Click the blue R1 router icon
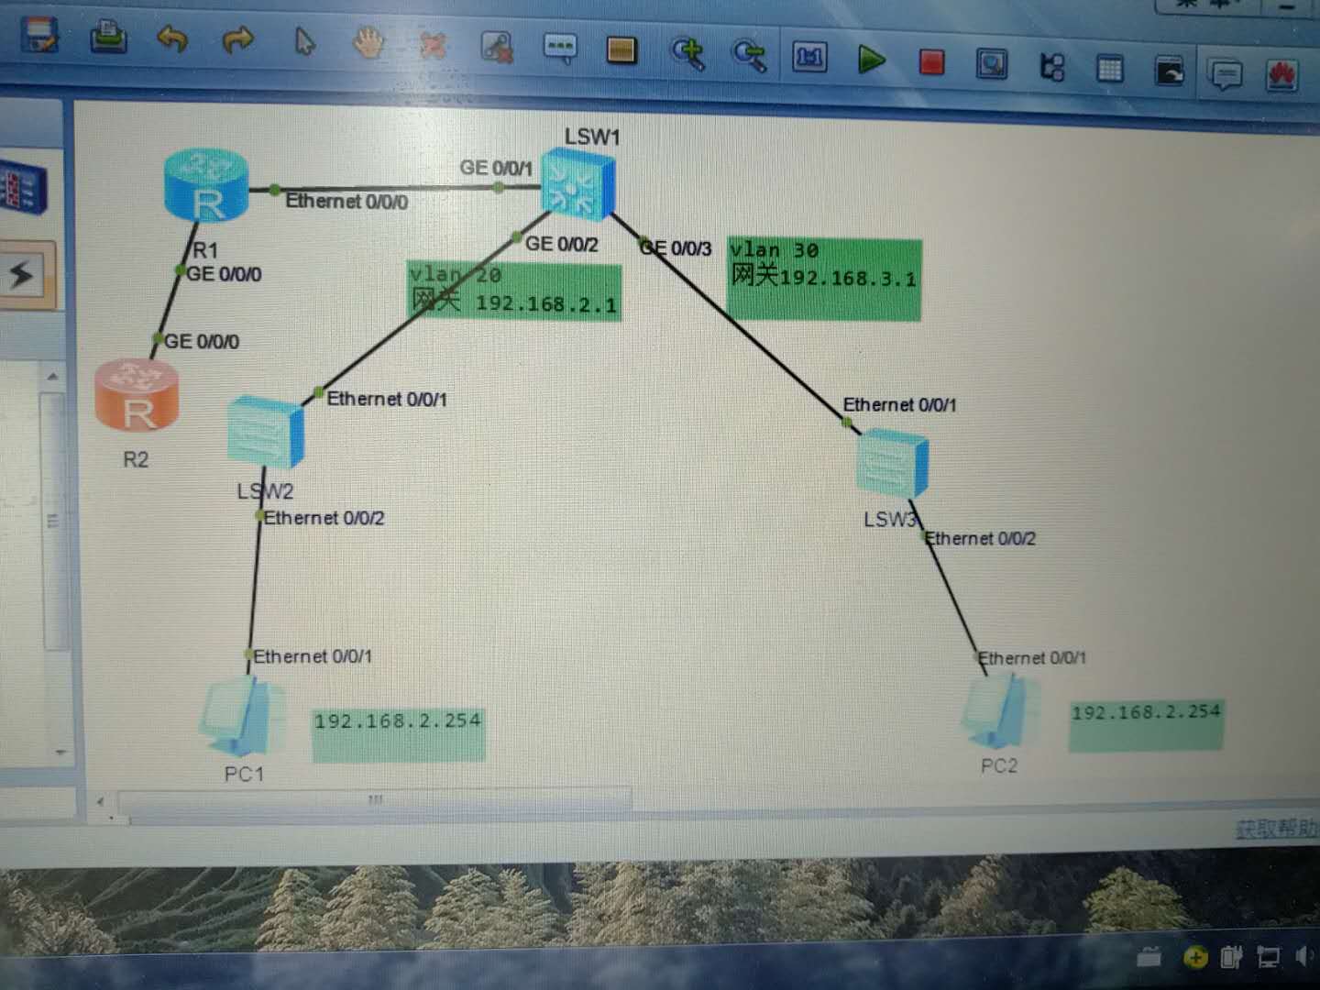(206, 187)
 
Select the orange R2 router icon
(137, 395)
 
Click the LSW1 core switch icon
(577, 186)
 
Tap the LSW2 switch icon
(264, 431)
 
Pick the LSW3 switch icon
(892, 465)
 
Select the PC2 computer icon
(1001, 711)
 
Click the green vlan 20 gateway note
(514, 291)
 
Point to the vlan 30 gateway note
(824, 279)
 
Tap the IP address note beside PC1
(398, 734)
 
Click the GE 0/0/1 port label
(495, 168)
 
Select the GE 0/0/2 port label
(561, 244)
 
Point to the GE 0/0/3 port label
(676, 247)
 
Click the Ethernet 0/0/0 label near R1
(346, 201)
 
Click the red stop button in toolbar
(931, 62)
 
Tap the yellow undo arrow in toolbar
(172, 39)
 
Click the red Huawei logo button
(1281, 74)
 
